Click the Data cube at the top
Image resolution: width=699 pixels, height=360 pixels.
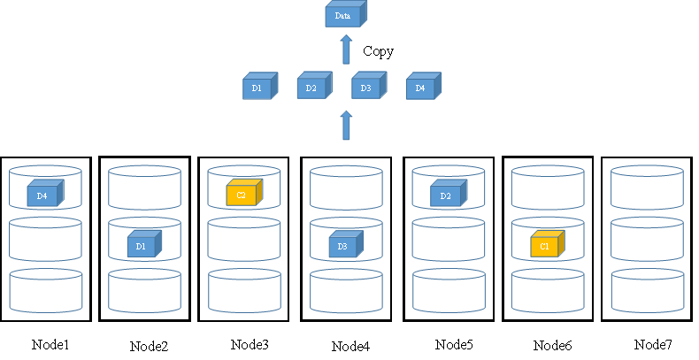[x=344, y=15]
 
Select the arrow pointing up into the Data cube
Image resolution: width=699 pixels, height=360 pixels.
[x=346, y=50]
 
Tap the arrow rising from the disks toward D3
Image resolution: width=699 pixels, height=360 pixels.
[x=346, y=126]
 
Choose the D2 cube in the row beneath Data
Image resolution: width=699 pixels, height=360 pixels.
[x=312, y=87]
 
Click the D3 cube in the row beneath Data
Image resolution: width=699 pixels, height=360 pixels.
[x=367, y=87]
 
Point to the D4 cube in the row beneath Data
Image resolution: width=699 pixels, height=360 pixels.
[x=422, y=87]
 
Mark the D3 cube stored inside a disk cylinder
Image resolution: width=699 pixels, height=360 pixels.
[x=344, y=244]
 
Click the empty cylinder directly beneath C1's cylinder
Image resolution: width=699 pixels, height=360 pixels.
[x=547, y=291]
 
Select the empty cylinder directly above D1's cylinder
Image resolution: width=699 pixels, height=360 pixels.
[x=144, y=188]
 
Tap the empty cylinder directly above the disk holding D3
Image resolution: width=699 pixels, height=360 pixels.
[x=346, y=188]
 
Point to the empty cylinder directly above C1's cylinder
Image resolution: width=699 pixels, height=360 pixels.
[x=547, y=188]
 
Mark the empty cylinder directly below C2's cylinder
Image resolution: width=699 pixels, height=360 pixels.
[x=244, y=240]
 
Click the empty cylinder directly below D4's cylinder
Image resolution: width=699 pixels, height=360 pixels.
[x=45, y=240]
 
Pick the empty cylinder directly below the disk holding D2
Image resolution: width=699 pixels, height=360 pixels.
[x=448, y=240]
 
